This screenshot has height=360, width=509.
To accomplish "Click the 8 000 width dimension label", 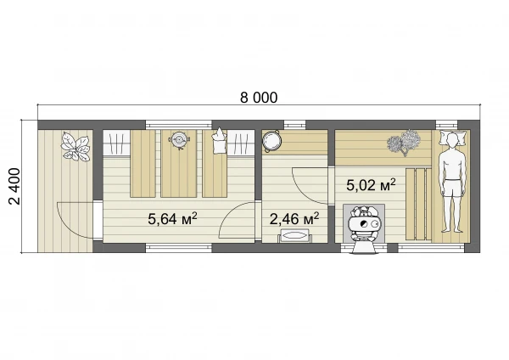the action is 259,97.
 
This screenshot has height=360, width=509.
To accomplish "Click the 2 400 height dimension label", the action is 14,186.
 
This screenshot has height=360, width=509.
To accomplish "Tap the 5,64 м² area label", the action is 172,218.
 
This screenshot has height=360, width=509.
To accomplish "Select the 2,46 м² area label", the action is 294,218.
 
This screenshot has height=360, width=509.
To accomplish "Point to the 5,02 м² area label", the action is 371,185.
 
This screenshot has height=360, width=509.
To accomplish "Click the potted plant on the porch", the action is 76,146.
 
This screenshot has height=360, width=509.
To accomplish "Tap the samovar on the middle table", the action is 178,140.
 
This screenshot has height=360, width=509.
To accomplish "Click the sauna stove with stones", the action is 364,224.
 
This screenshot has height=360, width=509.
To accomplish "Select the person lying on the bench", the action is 451,183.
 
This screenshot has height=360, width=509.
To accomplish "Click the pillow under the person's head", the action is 452,138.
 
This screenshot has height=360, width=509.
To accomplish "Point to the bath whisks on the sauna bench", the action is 404,142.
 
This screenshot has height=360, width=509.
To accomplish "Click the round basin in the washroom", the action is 271,141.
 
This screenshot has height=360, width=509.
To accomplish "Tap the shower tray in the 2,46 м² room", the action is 294,235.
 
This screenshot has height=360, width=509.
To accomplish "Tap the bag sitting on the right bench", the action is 219,141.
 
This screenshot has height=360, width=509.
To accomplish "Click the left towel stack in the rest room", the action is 116,143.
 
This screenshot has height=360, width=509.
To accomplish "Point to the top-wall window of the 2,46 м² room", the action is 295,125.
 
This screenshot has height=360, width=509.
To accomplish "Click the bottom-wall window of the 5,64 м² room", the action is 178,248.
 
